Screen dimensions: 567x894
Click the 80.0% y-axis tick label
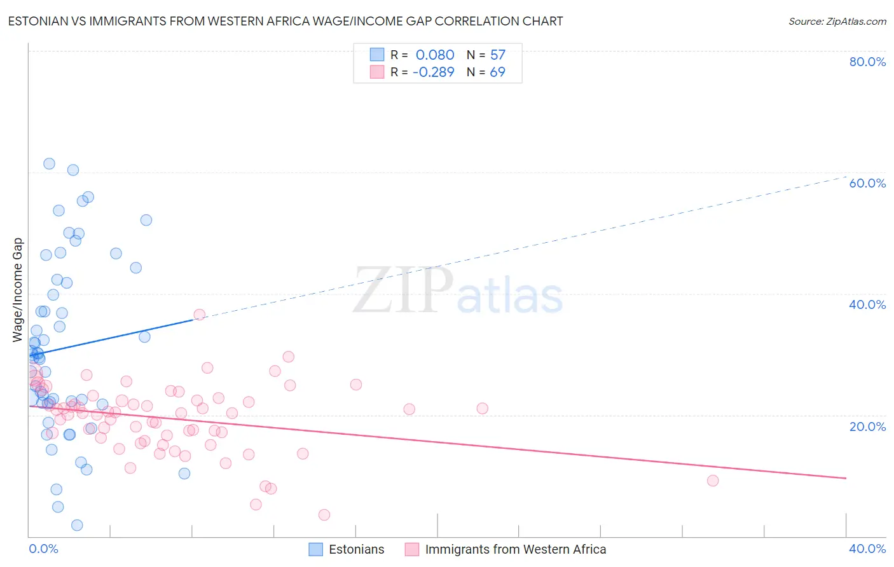867,62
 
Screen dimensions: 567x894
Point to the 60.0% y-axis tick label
867,183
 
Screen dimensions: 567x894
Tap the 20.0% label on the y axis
867,427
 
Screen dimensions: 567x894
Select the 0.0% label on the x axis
43,549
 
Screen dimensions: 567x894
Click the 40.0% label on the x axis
867,549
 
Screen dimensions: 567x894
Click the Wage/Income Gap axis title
18,290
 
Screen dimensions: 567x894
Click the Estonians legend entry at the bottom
356,549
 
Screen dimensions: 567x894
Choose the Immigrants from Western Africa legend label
515,549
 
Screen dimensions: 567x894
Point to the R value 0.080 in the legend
435,55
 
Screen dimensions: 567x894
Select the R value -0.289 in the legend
433,72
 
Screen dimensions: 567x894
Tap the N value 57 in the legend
497,55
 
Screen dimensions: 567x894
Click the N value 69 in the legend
497,72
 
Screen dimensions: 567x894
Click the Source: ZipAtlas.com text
837,22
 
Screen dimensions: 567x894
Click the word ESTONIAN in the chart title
39,22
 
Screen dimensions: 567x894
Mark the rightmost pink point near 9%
713,481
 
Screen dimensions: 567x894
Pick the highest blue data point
49,163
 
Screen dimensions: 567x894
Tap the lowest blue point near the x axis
77,525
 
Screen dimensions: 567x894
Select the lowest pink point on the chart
324,515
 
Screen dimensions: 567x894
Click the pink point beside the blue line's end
199,315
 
